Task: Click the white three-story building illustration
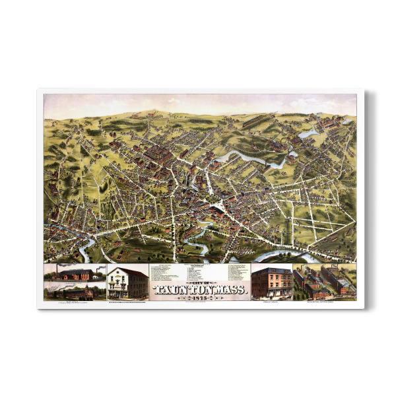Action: [127, 282]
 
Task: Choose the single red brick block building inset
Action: [271, 282]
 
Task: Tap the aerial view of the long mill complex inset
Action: [324, 282]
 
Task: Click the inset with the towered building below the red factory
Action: [75, 292]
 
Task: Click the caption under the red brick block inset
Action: [271, 302]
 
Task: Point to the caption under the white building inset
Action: [127, 302]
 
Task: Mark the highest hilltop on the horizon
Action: [156, 110]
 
